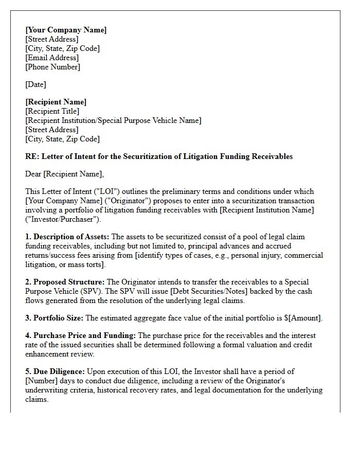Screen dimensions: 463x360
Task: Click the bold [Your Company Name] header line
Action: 66,30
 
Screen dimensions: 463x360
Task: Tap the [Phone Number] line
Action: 52,67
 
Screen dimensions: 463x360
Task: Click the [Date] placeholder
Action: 35,84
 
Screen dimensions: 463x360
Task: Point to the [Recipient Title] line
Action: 52,111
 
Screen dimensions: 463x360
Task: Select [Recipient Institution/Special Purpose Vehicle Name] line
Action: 113,120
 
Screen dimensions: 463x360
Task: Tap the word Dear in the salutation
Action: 33,174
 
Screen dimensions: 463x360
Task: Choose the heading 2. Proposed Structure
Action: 65,282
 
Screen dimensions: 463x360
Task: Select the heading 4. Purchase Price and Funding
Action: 80,335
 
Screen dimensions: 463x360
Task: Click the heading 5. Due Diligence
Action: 55,371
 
